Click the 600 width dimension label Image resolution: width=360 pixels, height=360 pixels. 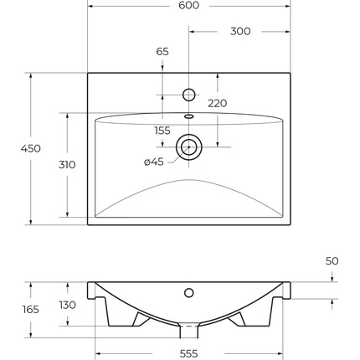point(189,5)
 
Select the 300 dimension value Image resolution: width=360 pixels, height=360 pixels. point(240,31)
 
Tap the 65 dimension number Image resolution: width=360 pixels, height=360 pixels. point(162,52)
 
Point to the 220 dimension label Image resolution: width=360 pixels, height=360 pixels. point(218,103)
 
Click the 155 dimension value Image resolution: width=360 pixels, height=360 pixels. point(162,131)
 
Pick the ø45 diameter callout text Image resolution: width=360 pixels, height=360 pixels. point(154,162)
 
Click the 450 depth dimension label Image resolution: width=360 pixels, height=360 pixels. point(31,148)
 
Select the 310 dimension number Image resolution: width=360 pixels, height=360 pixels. point(67,165)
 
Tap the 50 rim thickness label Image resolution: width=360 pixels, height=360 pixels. point(332,261)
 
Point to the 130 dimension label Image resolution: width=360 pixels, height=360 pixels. point(68,305)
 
